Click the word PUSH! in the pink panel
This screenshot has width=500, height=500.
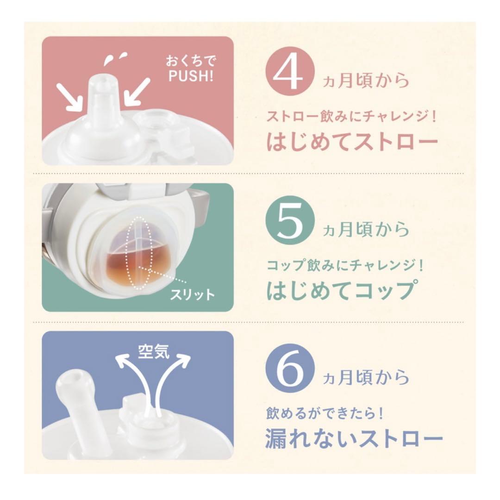191,76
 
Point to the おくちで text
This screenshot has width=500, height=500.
191,61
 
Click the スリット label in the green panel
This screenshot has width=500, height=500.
192,294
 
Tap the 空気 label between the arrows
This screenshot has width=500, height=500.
153,351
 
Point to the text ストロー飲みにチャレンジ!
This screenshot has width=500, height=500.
351,116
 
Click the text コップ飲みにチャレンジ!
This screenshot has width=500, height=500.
345,265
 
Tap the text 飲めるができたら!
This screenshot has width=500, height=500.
324,413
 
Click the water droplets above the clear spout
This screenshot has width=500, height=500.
114,58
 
